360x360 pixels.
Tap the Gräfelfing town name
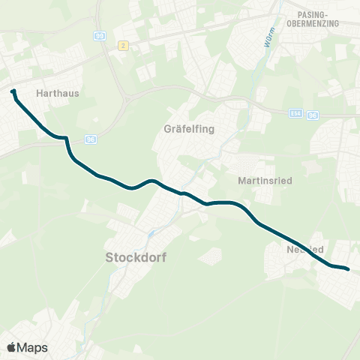coord(189,128)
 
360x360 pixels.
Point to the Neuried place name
coord(304,249)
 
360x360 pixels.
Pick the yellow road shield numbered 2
coord(124,46)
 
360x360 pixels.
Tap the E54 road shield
coord(296,114)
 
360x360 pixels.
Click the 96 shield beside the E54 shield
coord(313,115)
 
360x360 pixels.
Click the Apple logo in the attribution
coord(11,347)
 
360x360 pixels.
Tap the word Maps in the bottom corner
coord(33,347)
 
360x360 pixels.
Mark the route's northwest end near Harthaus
coord(13,92)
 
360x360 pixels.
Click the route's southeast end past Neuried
coord(348,268)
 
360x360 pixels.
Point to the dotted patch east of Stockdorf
coord(212,256)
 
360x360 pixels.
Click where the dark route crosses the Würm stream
coord(182,193)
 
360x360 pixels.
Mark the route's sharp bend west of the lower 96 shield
coord(67,139)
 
